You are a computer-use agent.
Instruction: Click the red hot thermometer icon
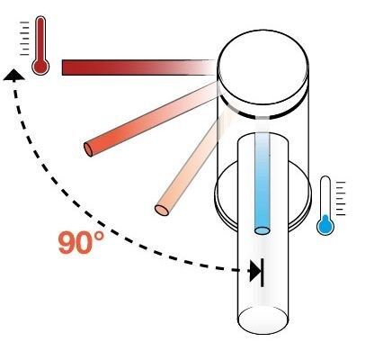coord(40,45)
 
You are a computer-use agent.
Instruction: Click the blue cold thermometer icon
coord(325,205)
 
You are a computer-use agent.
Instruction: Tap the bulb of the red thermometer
coord(40,67)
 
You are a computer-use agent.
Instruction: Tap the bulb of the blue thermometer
coord(325,227)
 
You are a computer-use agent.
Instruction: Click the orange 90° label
coord(81,242)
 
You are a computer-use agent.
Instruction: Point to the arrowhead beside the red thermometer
coord(13,75)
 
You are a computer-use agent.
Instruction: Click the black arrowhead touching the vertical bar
coord(255,272)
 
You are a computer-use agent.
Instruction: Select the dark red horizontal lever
coord(139,67)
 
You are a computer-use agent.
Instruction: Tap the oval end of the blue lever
coord(263,230)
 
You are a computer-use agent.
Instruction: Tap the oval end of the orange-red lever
coord(88,149)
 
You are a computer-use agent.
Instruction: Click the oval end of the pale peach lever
coord(162,210)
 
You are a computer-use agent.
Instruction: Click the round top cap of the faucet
coord(263,67)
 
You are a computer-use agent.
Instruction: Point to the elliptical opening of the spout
coord(263,320)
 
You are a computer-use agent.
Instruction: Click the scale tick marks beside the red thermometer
coord(24,39)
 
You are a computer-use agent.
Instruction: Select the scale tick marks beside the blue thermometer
coord(341,198)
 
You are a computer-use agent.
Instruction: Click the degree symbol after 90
coord(99,237)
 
